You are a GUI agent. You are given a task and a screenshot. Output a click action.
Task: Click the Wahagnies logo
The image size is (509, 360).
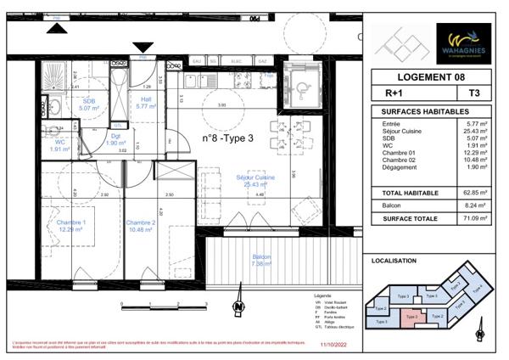461,42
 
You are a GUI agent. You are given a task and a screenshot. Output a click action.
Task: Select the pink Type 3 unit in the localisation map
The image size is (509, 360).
412,316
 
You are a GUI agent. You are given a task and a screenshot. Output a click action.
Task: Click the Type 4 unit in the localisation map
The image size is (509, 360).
477,289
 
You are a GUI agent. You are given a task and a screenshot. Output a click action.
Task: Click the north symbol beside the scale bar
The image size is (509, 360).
240,307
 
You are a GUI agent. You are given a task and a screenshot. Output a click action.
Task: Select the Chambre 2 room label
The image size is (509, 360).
141,225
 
